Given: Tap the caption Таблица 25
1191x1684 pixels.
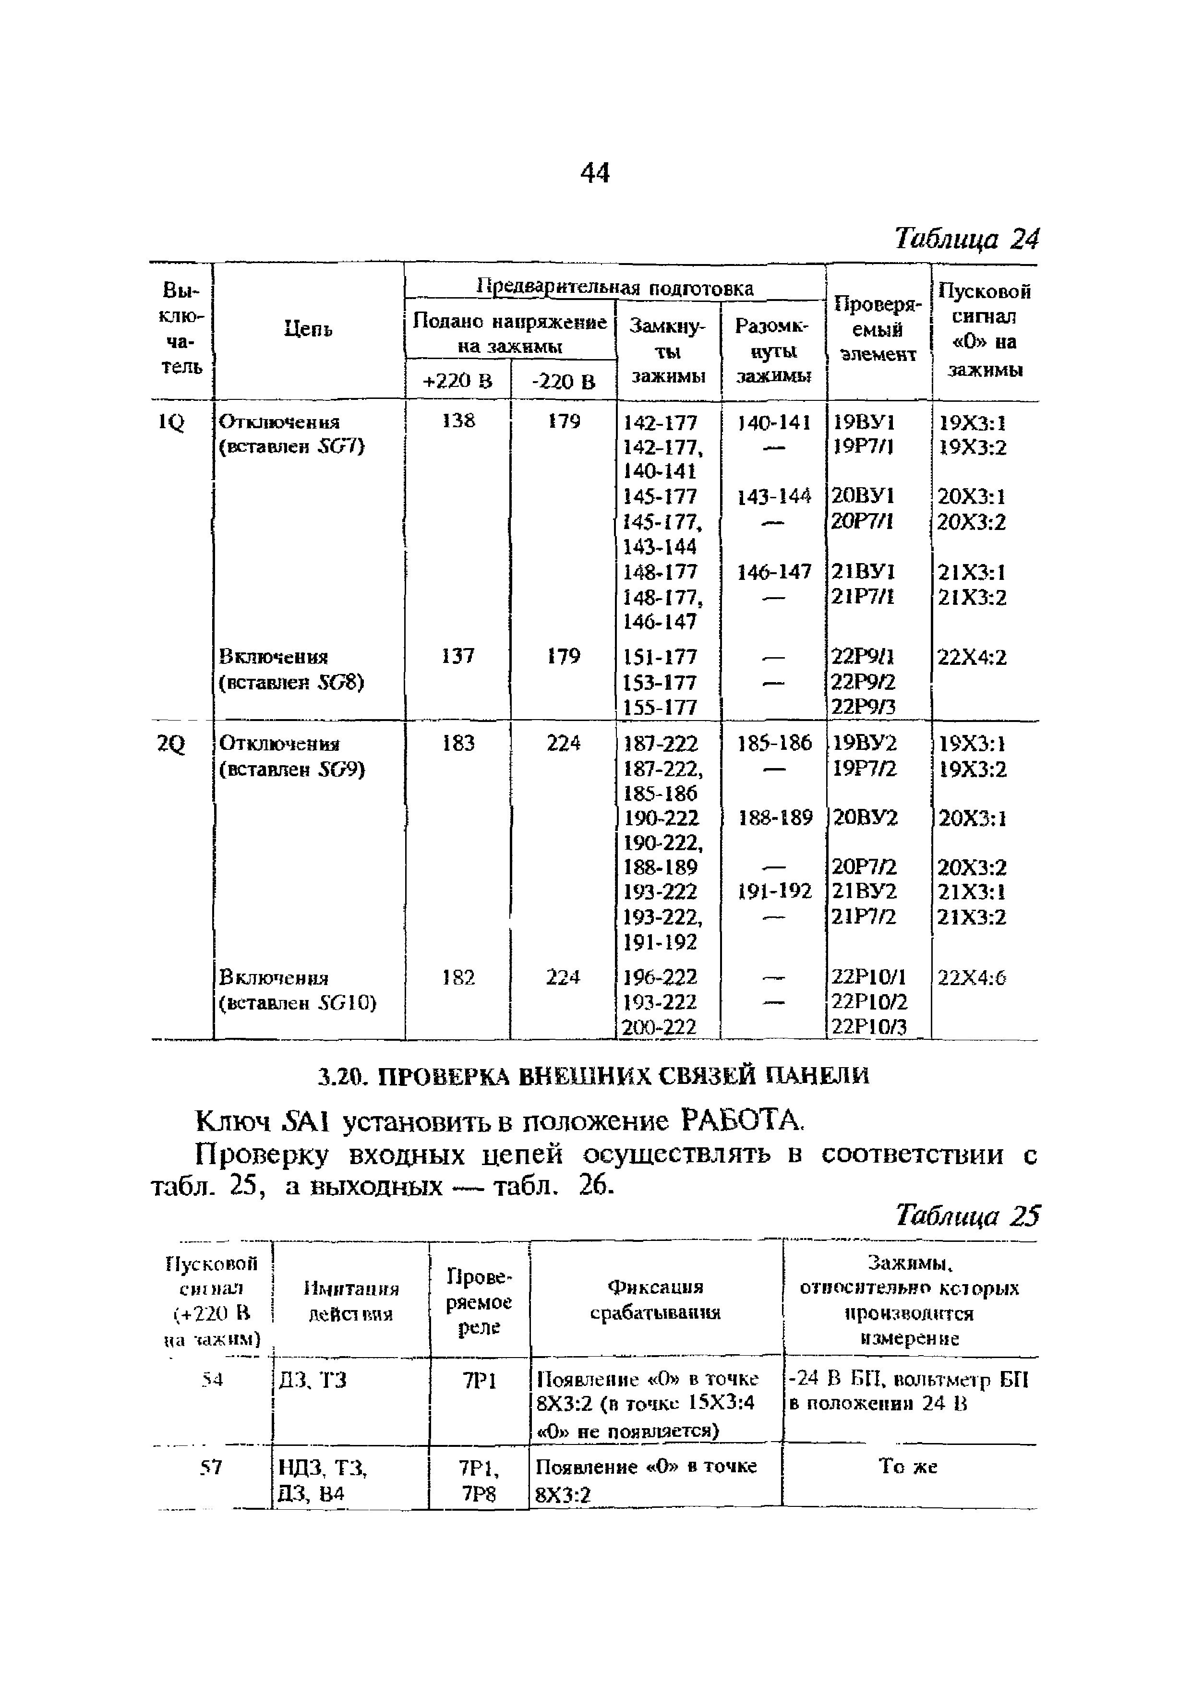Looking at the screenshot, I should click(x=967, y=1216).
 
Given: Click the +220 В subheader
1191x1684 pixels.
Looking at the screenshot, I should click(x=457, y=381).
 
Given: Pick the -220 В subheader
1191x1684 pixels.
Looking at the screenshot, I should click(x=563, y=381).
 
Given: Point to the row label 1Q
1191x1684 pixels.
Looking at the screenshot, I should click(x=171, y=422).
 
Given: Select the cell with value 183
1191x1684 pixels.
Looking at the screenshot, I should click(x=458, y=743).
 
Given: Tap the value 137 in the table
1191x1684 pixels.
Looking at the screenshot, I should click(x=458, y=655).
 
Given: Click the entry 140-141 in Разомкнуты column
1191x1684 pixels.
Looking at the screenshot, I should click(x=774, y=422).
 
